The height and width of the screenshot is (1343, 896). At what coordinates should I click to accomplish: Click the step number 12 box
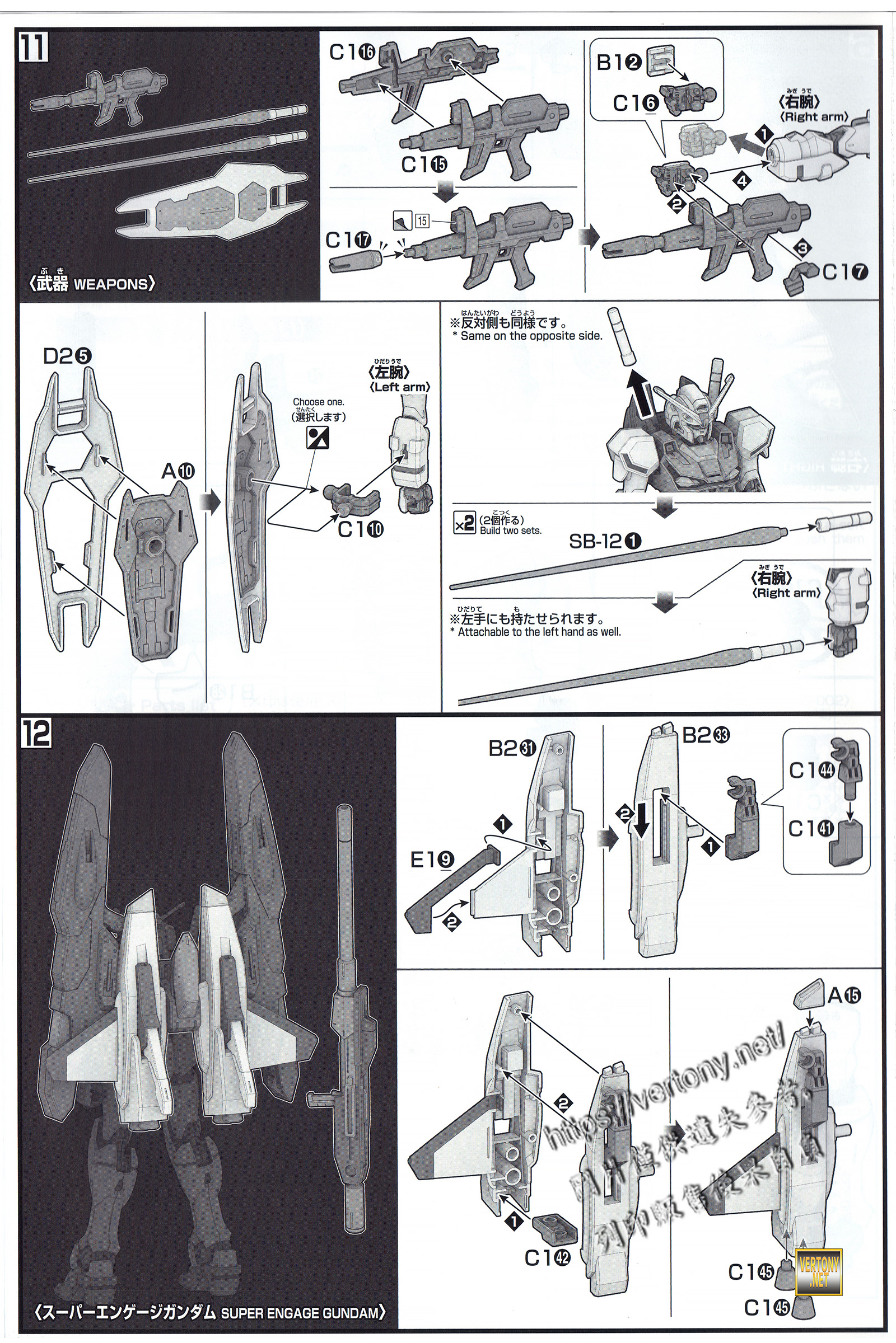[x=36, y=733]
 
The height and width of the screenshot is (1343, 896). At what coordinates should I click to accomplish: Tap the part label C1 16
[x=352, y=53]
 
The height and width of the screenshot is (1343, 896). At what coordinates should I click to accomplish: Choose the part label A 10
[x=178, y=471]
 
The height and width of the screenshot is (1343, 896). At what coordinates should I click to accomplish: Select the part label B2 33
[x=706, y=735]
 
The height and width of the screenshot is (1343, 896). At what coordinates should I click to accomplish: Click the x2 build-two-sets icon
[x=464, y=524]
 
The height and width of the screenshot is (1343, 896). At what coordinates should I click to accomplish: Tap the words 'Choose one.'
[x=318, y=402]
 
